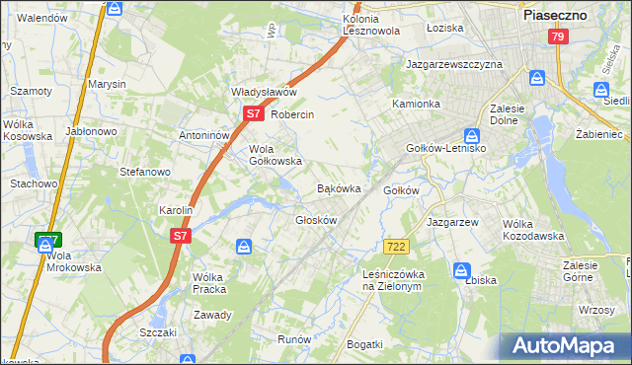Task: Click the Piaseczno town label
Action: pyautogui.click(x=555, y=16)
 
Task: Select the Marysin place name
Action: pyautogui.click(x=107, y=85)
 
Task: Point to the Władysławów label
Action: pyautogui.click(x=265, y=92)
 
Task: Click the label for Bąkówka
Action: pyautogui.click(x=338, y=187)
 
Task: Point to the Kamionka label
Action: pyautogui.click(x=416, y=104)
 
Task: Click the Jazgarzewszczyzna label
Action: pyautogui.click(x=454, y=64)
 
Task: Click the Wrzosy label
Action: pyautogui.click(x=597, y=310)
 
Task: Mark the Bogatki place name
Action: pyautogui.click(x=364, y=343)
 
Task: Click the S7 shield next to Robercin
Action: pyautogui.click(x=253, y=114)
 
